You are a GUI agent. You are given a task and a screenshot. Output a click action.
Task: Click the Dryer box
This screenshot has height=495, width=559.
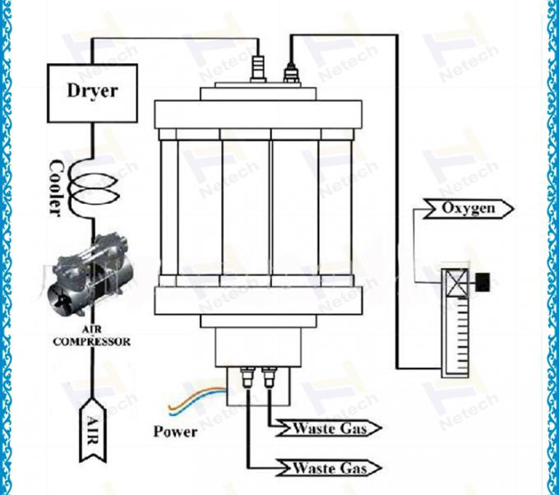coord(91,91)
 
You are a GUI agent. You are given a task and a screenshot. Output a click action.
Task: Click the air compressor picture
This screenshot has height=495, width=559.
coord(91,285)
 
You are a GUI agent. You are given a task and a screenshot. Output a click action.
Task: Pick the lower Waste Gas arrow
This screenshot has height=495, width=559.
coord(331,469)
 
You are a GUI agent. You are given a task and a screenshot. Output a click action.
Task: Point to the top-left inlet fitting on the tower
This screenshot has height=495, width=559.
coord(259,67)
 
